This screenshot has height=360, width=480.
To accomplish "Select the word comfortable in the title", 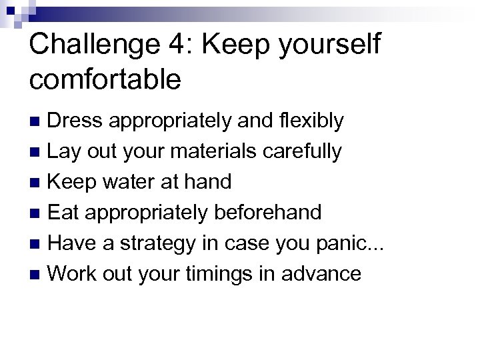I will pyautogui.click(x=105, y=79).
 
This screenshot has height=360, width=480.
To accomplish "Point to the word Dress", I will pyautogui.click(x=75, y=121).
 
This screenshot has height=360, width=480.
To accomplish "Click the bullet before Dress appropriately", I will pyautogui.click(x=38, y=121).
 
